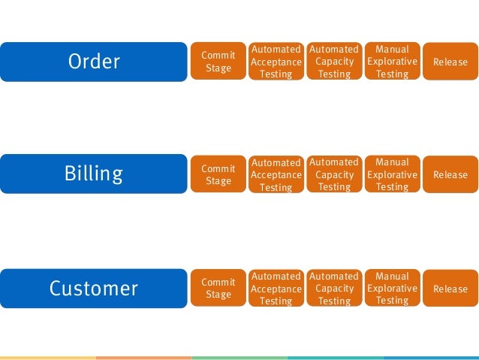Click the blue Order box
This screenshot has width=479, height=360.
pyautogui.click(x=94, y=62)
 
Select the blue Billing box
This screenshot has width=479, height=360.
pyautogui.click(x=94, y=174)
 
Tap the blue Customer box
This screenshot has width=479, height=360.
pyautogui.click(x=94, y=289)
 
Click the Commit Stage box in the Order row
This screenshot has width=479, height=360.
pyautogui.click(x=218, y=62)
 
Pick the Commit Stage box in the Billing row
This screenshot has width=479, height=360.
pyautogui.click(x=218, y=174)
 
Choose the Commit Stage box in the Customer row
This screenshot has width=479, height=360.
pyautogui.click(x=218, y=289)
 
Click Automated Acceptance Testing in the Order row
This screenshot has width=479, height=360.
pyautogui.click(x=276, y=62)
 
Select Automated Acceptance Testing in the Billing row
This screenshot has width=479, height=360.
pyautogui.click(x=276, y=174)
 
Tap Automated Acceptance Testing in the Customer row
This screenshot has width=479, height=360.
pyautogui.click(x=276, y=289)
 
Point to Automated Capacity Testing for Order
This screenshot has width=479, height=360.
pyautogui.click(x=334, y=62)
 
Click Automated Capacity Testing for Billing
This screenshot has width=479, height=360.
pyautogui.click(x=334, y=174)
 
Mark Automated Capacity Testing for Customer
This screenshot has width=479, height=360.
pyautogui.click(x=334, y=289)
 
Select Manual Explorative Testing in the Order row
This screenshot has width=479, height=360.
pyautogui.click(x=392, y=62)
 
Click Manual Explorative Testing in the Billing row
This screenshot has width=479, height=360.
pyautogui.click(x=392, y=174)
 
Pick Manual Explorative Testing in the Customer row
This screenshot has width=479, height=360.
pyautogui.click(x=392, y=289)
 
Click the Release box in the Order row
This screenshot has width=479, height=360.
pyautogui.click(x=450, y=62)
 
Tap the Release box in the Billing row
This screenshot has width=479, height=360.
pyautogui.click(x=450, y=174)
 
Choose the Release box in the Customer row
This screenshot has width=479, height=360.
pyautogui.click(x=450, y=289)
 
